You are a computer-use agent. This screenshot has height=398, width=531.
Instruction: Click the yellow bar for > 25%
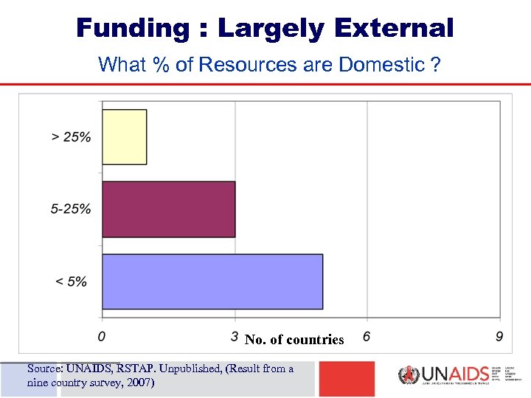tap(124, 136)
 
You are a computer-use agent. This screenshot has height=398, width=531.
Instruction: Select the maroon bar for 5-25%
tap(168, 209)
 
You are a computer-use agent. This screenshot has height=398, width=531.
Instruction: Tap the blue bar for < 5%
tap(212, 282)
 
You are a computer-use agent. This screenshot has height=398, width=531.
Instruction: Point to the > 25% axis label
tap(72, 136)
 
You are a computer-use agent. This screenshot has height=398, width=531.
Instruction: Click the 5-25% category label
tap(71, 209)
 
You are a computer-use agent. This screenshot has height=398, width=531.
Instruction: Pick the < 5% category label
tap(71, 282)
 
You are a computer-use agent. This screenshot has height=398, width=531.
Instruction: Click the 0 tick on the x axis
tap(101, 337)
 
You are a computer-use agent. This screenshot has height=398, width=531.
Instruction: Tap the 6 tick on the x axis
tap(367, 337)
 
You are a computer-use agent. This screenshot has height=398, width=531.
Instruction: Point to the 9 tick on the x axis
tap(500, 337)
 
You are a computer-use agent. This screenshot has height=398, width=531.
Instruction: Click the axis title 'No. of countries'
tap(294, 340)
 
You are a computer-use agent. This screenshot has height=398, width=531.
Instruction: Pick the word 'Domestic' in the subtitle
tap(381, 65)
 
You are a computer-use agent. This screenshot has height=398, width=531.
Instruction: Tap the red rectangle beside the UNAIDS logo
tap(347, 378)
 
